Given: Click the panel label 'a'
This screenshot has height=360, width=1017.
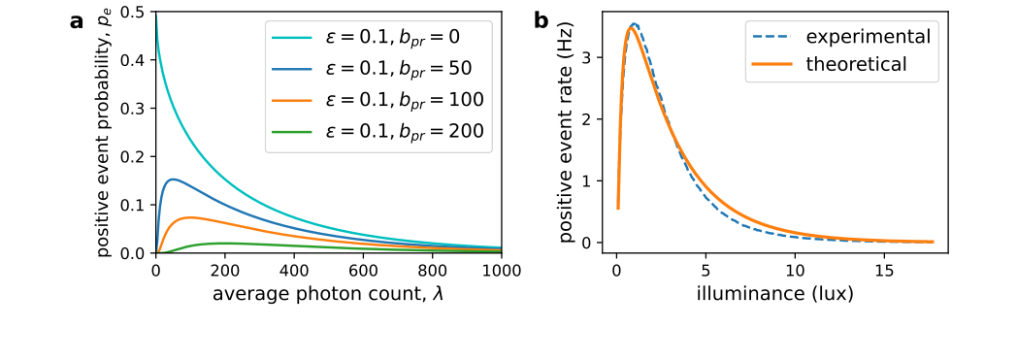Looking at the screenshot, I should (77, 20).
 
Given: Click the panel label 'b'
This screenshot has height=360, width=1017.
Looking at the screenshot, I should (541, 20).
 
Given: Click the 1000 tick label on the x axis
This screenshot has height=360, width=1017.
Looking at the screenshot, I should (501, 271).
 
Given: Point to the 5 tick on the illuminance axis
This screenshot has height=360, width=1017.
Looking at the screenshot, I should (705, 271).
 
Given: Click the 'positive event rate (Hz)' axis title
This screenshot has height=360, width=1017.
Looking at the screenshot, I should (568, 133).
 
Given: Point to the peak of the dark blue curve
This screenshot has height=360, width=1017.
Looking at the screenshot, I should (172, 179).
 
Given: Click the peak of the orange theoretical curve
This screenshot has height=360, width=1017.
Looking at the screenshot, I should (630, 27).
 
